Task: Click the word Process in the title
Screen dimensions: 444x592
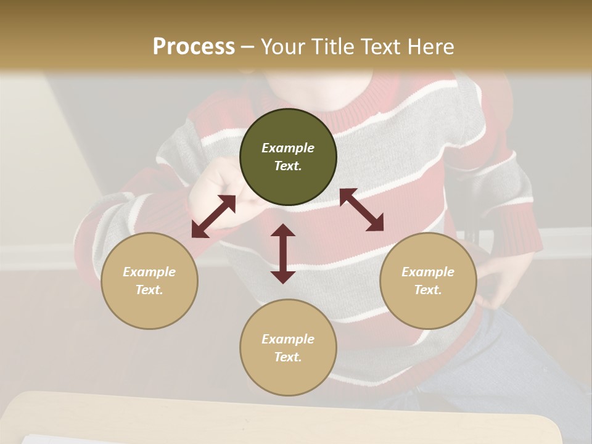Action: tap(194, 47)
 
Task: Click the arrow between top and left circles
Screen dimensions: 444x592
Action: tap(213, 216)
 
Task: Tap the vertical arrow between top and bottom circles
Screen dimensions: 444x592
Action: tap(283, 253)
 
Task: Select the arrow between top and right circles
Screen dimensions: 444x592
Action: tap(361, 210)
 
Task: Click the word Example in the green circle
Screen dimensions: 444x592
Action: tap(288, 148)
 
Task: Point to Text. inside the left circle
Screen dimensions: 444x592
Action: tap(149, 290)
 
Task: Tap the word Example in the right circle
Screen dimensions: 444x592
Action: tap(428, 272)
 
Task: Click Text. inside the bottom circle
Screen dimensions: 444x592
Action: tap(288, 357)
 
